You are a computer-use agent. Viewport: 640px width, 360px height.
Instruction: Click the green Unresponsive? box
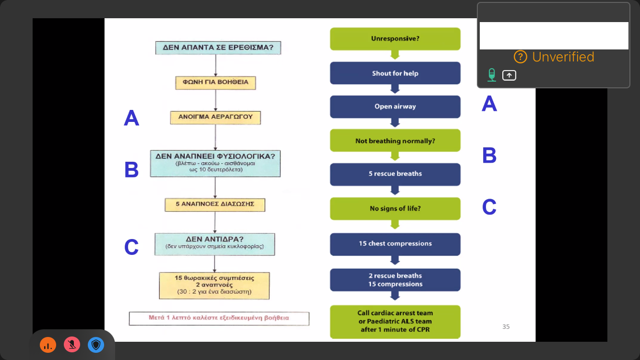[x=395, y=39]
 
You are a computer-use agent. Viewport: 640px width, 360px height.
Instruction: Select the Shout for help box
[x=395, y=73]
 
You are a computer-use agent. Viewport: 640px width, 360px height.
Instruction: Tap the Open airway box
[x=395, y=107]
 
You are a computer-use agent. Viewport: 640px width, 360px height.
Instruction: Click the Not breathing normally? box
[x=395, y=141]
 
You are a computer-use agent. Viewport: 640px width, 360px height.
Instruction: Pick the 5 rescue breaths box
[x=395, y=174]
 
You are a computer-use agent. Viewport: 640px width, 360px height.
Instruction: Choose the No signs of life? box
[x=395, y=209]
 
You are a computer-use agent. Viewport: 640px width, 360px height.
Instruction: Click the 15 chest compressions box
[x=395, y=244]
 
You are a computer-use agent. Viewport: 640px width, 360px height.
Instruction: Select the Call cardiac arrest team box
[x=395, y=322]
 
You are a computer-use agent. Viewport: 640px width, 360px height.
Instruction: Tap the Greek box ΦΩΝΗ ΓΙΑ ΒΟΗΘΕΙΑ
[x=215, y=82]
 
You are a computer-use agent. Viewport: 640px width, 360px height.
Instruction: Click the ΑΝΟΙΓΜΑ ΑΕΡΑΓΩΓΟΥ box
[x=215, y=117]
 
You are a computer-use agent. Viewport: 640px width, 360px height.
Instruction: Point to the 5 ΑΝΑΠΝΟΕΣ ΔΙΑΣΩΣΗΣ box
[x=215, y=204]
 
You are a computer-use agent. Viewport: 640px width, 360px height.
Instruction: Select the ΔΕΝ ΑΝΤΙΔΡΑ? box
[x=214, y=243]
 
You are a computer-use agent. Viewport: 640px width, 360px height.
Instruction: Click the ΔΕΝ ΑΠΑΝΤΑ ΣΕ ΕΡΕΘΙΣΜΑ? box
[x=218, y=48]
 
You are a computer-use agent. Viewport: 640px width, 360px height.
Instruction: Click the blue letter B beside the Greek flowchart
[x=131, y=170]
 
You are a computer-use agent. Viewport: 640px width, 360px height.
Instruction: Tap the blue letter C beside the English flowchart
[x=489, y=207]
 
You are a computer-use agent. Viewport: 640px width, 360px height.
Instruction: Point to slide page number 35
[x=506, y=327]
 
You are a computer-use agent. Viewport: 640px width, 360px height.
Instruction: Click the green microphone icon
[x=491, y=75]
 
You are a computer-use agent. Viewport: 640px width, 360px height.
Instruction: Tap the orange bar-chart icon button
[x=48, y=345]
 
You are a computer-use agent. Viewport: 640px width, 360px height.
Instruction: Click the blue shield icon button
[x=96, y=345]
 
